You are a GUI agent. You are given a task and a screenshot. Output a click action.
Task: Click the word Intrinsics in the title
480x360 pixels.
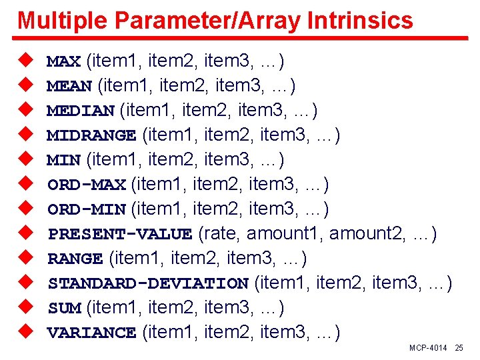click(361, 21)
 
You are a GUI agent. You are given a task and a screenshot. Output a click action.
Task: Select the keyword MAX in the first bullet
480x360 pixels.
click(64, 62)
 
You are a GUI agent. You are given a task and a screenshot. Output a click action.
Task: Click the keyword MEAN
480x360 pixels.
click(70, 87)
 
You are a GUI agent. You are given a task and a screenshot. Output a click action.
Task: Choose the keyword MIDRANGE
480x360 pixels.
click(91, 136)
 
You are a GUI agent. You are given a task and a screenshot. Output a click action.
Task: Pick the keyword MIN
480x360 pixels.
click(64, 161)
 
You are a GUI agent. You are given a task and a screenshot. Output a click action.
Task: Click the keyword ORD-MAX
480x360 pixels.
click(87, 185)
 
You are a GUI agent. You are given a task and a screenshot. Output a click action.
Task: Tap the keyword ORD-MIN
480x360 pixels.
click(87, 209)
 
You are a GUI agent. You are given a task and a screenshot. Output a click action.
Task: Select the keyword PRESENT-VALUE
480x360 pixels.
click(120, 234)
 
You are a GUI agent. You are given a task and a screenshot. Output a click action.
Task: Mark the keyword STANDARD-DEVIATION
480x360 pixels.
click(148, 283)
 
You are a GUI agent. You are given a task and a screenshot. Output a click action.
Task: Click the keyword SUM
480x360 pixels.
click(64, 308)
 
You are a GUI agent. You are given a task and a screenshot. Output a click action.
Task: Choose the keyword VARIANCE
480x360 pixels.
click(91, 333)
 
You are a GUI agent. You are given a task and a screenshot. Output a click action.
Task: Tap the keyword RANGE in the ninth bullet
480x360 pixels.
click(75, 259)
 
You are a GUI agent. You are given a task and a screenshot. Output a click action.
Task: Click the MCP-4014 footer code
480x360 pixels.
click(428, 349)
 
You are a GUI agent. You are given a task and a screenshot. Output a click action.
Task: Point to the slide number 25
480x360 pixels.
click(459, 349)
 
